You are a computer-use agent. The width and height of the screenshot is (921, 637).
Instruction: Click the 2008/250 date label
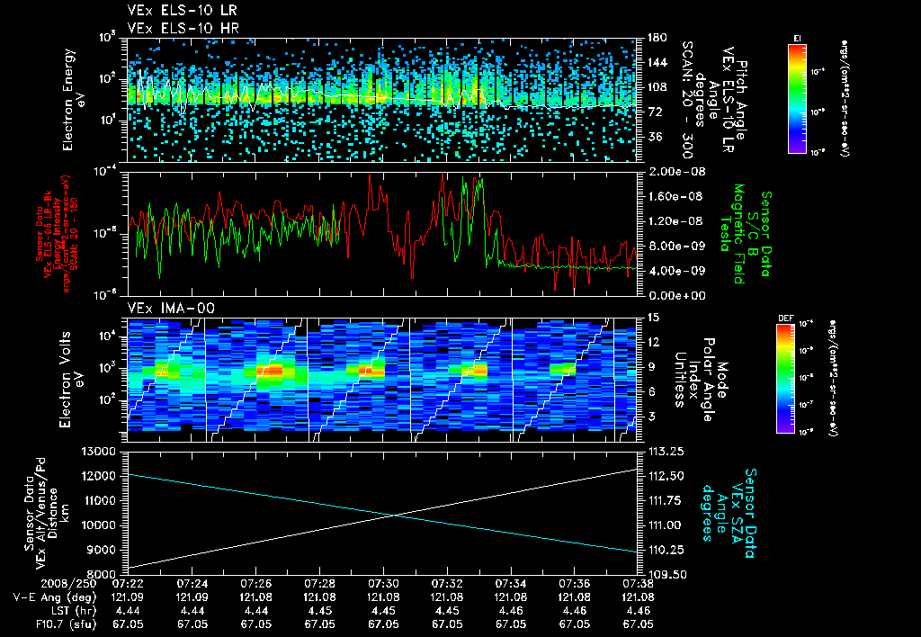pyautogui.click(x=31, y=583)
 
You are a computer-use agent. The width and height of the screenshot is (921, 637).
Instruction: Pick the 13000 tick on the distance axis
pyautogui.click(x=101, y=451)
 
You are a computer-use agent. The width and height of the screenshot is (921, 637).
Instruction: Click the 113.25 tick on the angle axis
pyautogui.click(x=658, y=451)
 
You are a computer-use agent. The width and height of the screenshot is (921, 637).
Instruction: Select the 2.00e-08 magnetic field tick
pyautogui.click(x=666, y=171)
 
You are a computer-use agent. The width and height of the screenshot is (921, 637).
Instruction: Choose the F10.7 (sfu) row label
pyautogui.click(x=44, y=622)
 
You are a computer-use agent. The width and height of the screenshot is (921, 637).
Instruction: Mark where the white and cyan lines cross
pyautogui.click(x=393, y=515)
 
